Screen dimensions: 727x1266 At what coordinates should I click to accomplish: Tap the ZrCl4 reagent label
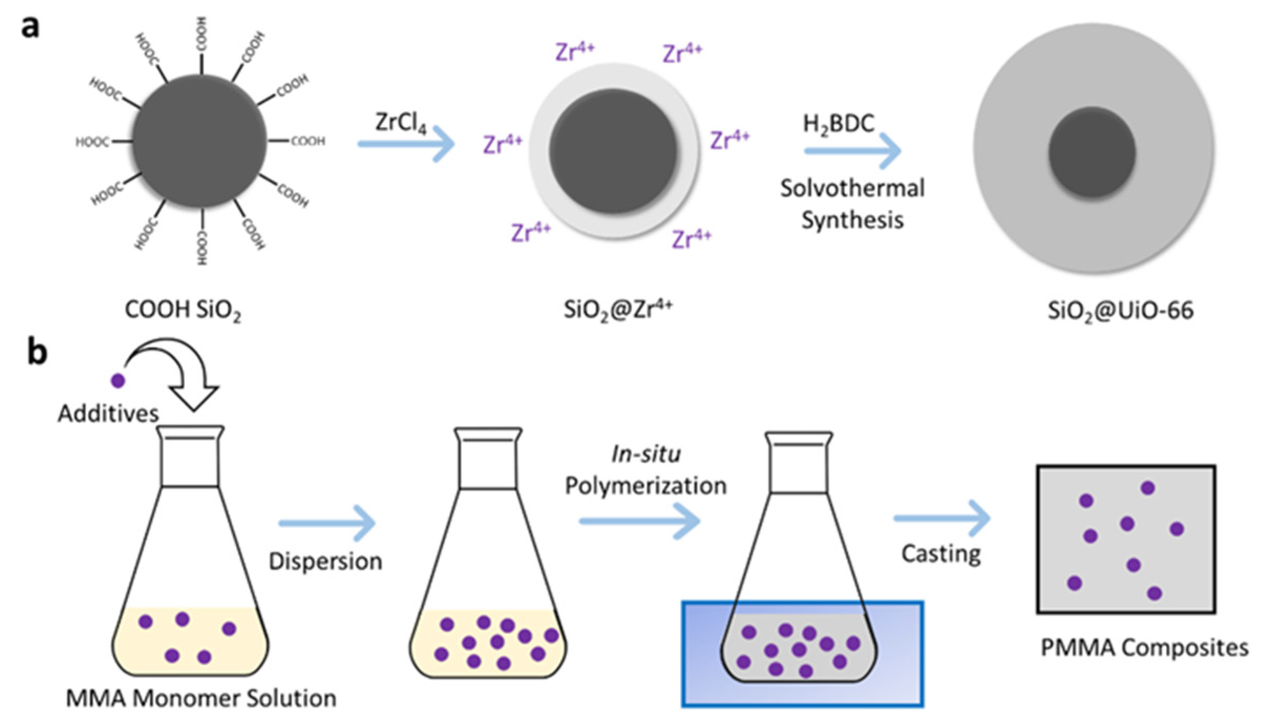point(400,123)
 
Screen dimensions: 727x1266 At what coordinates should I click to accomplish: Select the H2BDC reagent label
point(838,125)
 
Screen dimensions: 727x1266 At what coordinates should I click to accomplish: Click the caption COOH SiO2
point(183,311)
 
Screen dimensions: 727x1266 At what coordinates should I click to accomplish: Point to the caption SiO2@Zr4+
point(618,309)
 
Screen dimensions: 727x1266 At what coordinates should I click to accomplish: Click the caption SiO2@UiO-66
point(1120,311)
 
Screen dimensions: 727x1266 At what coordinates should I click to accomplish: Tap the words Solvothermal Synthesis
point(852,204)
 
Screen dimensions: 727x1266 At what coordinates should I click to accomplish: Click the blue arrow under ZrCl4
point(406,144)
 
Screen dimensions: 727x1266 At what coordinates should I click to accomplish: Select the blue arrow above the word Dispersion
point(326,523)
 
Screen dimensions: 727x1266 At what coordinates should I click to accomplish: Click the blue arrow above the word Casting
point(941,518)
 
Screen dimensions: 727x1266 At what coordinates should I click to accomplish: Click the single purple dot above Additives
point(118,380)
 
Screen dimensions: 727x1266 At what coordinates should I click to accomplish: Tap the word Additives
point(108,413)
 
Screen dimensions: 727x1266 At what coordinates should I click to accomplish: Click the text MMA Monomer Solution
point(201,699)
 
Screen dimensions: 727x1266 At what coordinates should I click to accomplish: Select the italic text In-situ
point(646,454)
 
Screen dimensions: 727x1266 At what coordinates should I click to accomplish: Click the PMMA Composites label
point(1144,648)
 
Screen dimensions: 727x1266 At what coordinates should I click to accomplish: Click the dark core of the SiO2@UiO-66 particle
point(1092,152)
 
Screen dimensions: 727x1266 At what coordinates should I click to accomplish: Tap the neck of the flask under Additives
point(190,459)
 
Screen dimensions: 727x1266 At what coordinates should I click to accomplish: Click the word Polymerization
point(646,486)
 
